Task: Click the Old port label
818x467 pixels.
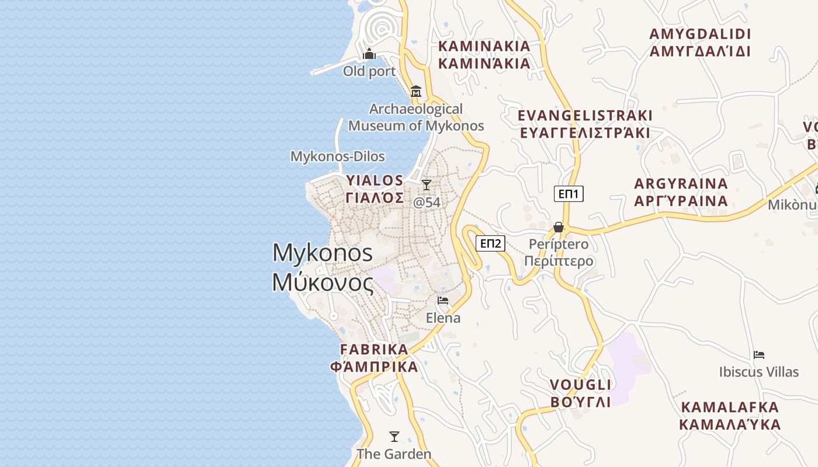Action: pyautogui.click(x=369, y=72)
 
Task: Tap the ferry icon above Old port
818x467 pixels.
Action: pyautogui.click(x=369, y=55)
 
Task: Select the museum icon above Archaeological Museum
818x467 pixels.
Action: pyautogui.click(x=416, y=91)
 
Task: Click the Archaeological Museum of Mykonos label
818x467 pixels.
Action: pyautogui.click(x=416, y=117)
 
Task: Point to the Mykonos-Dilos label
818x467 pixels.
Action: pyautogui.click(x=338, y=156)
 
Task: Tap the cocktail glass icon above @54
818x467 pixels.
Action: pyautogui.click(x=427, y=185)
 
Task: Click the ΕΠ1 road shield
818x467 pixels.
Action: pyautogui.click(x=569, y=194)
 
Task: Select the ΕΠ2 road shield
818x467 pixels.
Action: pyautogui.click(x=490, y=243)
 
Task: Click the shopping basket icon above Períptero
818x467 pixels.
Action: pyautogui.click(x=559, y=226)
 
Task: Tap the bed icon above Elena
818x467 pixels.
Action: pyautogui.click(x=443, y=301)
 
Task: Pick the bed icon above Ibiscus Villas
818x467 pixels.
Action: pyautogui.click(x=759, y=354)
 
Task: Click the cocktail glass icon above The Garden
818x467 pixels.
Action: pyautogui.click(x=394, y=436)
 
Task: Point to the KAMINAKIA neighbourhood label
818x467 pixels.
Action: pyautogui.click(x=484, y=54)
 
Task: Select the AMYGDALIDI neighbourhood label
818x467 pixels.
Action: pyautogui.click(x=700, y=42)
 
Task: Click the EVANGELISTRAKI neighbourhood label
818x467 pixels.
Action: pyautogui.click(x=585, y=124)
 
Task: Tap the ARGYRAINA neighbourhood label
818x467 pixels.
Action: pyautogui.click(x=681, y=192)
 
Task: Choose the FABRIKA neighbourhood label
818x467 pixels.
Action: pyautogui.click(x=375, y=358)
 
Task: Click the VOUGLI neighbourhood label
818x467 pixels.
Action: pyautogui.click(x=581, y=393)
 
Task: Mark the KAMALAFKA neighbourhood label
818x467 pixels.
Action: pyautogui.click(x=730, y=415)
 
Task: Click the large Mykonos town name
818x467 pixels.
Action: pyautogui.click(x=323, y=267)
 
